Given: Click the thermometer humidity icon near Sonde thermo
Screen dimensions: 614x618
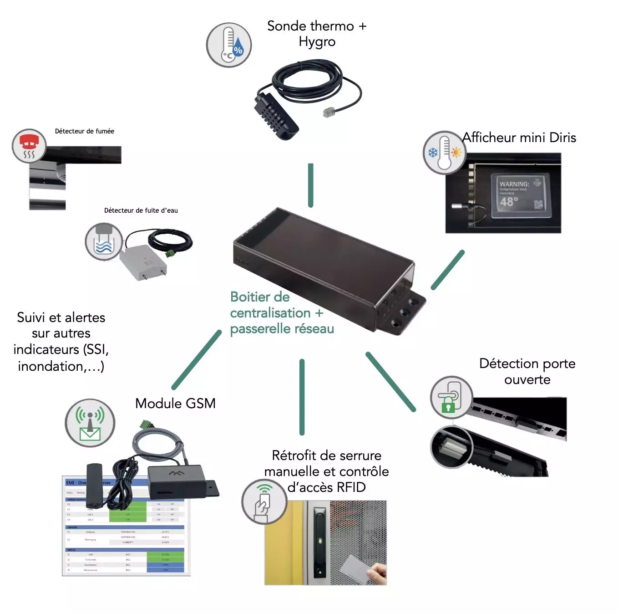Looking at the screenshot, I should point(229,45).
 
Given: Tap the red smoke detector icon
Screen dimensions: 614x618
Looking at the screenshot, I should point(29,146).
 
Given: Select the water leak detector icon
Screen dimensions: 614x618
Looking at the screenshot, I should point(104,241).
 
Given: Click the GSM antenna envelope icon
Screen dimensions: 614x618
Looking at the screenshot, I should point(90,423).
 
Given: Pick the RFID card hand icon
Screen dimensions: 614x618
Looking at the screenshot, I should point(264,501).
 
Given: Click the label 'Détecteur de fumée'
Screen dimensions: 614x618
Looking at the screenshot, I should point(85,131).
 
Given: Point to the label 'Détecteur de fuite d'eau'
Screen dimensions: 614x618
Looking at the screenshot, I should point(141,210).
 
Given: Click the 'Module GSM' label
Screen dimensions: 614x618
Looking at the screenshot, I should point(175,404).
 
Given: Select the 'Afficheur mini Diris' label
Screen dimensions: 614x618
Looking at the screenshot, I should point(519,138).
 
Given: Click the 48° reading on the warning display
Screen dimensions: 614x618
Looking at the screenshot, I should point(509,202).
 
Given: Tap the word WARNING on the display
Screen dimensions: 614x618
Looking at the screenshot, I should point(514,184).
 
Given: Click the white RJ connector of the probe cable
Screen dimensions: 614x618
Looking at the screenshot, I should point(329,112).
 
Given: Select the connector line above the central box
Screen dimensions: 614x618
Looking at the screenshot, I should point(311,185).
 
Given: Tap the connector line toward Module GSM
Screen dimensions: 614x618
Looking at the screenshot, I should point(197,360).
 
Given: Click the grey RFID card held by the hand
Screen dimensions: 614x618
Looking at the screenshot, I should point(356,567).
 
